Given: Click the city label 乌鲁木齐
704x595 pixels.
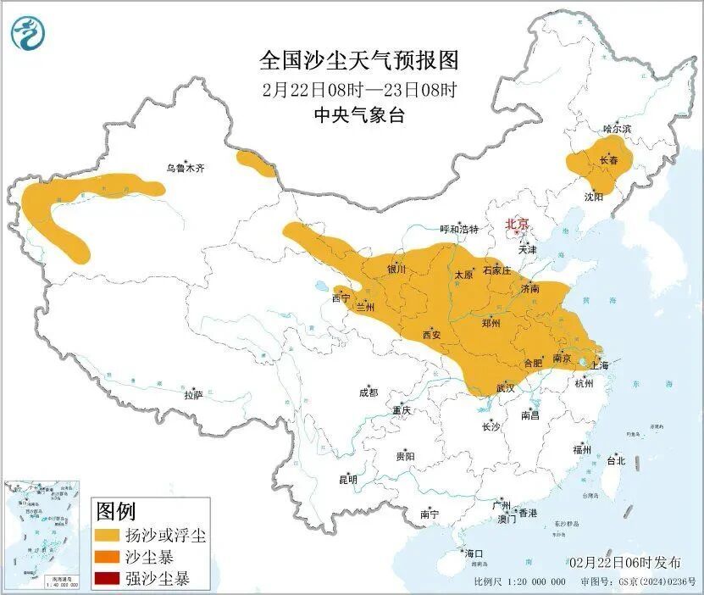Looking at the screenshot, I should (185, 169).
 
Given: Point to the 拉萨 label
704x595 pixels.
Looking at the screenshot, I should (193, 395).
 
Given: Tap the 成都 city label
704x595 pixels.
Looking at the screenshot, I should (369, 393).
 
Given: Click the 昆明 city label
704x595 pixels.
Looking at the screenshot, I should (347, 480).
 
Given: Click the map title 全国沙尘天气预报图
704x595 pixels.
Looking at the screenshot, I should (358, 60).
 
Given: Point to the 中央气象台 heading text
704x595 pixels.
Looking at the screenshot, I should (358, 116).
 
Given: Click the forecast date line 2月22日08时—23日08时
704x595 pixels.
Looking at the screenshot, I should (358, 88).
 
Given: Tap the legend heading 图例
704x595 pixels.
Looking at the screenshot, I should (116, 511).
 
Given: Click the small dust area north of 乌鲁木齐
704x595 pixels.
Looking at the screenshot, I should (256, 164).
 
